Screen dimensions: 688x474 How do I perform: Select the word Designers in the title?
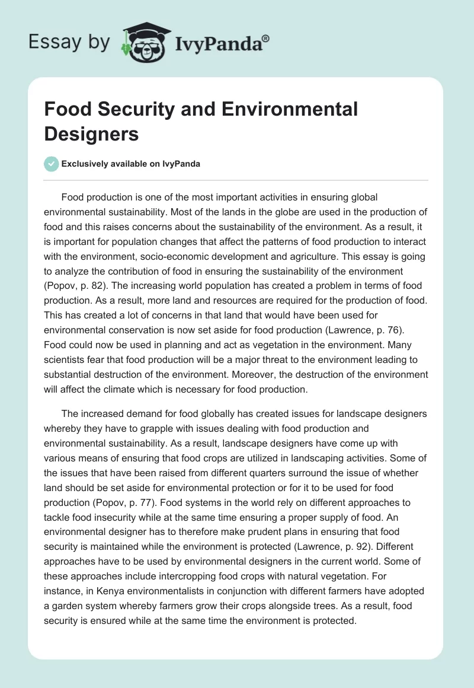click(91, 133)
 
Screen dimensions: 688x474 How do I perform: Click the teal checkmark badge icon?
click(52, 164)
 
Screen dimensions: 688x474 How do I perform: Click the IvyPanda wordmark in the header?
click(217, 43)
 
